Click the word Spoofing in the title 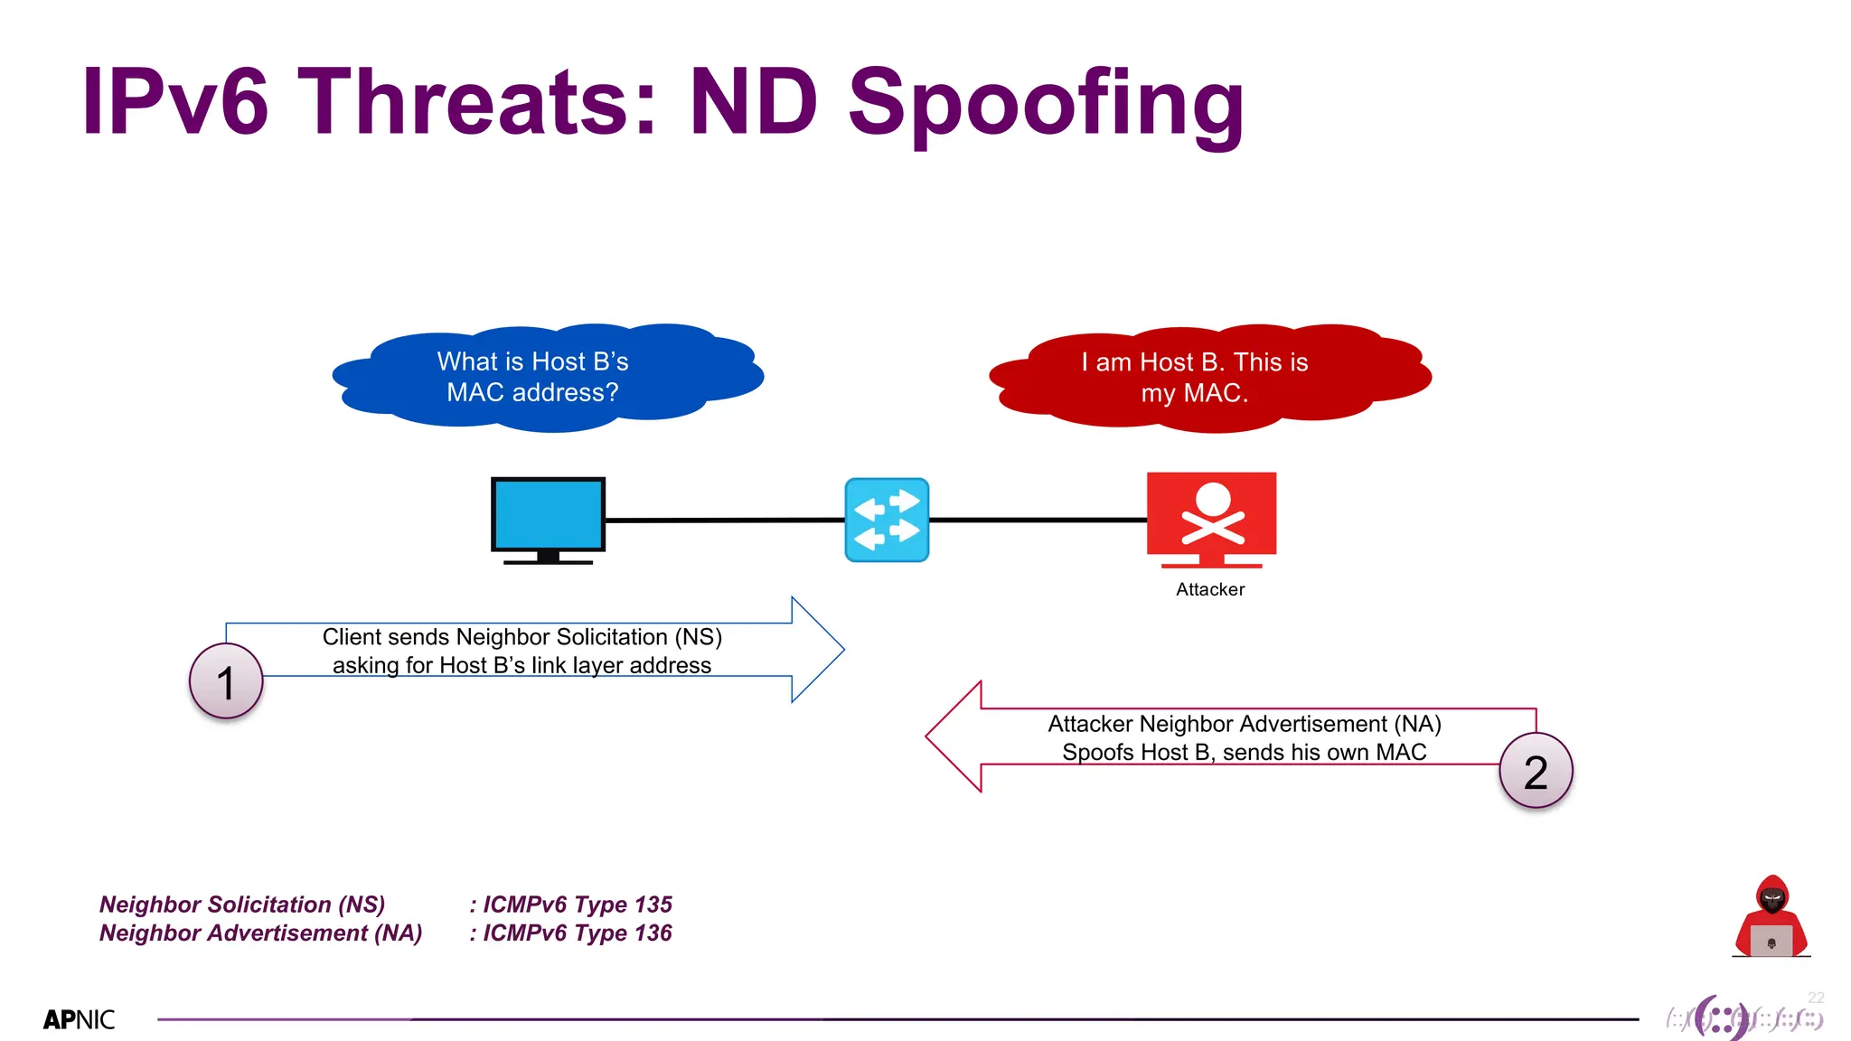pos(1046,104)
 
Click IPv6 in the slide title pos(175,102)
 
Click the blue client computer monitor pos(548,515)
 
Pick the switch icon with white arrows pos(887,520)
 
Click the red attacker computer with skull pos(1211,515)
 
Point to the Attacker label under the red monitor pos(1210,589)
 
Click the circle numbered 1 pos(226,681)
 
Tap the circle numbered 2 pos(1536,771)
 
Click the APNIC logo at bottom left pos(80,1019)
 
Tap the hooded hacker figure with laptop pos(1771,916)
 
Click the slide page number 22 pos(1816,998)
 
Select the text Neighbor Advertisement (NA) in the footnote pos(260,933)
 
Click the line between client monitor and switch pos(723,520)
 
